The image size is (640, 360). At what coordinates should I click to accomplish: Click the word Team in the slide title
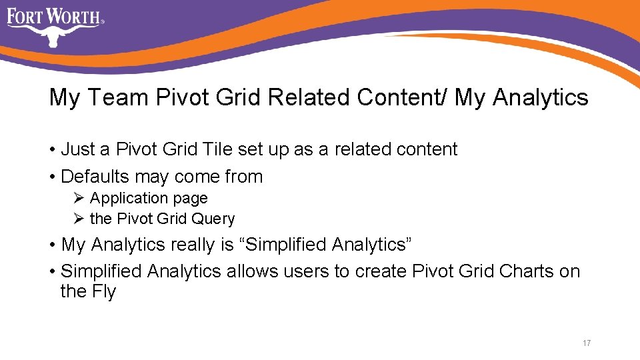tap(117, 98)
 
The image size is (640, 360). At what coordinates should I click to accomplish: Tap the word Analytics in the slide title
tap(541, 98)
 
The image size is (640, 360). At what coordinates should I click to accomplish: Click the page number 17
tap(587, 343)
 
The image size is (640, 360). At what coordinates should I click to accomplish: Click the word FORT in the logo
tap(25, 16)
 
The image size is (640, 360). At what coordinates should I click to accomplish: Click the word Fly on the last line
tap(105, 292)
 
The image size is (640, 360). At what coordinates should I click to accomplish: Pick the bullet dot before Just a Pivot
tap(52, 150)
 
